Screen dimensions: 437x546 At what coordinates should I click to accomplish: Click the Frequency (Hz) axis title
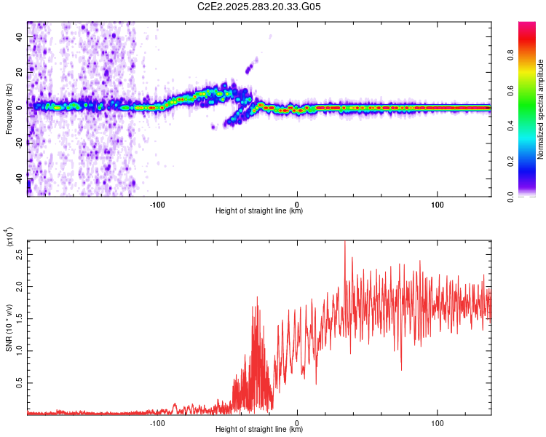tap(9, 109)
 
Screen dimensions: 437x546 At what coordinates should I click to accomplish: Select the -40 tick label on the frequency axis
tap(20, 178)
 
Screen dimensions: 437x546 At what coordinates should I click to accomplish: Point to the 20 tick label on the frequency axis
tap(20, 72)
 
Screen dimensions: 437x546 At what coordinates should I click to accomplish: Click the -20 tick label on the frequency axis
tap(20, 143)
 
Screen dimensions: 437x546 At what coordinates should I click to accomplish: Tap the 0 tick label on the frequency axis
tap(20, 107)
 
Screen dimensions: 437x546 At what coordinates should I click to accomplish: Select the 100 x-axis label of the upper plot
tap(438, 204)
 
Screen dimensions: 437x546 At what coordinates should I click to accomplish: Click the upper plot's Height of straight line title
tap(259, 211)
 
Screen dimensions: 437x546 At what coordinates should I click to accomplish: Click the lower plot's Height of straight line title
tap(259, 430)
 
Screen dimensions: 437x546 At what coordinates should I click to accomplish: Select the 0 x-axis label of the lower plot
tap(297, 422)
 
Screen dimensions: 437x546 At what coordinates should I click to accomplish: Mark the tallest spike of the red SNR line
tap(344, 243)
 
